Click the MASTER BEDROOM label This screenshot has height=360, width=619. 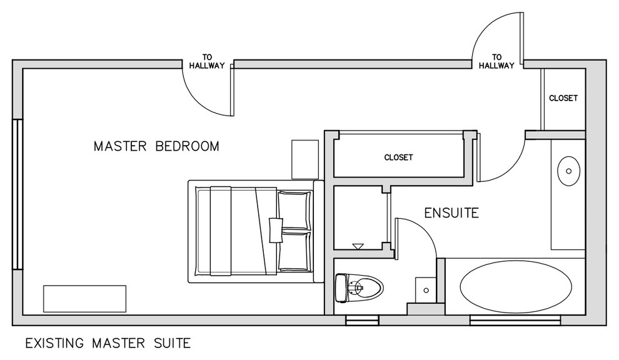156,146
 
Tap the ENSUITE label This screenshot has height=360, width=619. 451,213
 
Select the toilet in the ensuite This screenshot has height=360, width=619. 359,288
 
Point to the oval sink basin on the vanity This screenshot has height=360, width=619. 568,171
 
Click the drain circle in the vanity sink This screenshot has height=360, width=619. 569,171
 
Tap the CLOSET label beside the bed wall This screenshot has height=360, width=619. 398,157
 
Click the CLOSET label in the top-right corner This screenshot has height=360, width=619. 563,98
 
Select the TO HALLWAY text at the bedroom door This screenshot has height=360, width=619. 207,62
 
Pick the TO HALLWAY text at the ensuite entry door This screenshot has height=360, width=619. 496,62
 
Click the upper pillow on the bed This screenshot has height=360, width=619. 294,209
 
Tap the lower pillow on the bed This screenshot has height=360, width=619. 294,251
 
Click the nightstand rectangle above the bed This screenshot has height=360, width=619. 305,159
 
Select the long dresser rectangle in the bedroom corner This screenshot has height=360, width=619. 85,299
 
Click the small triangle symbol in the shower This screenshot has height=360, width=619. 358,246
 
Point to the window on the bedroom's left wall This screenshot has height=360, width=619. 18,194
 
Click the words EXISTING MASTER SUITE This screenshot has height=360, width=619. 108,343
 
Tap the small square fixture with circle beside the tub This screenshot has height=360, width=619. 426,290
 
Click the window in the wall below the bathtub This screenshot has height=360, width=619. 515,320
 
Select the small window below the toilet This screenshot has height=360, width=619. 363,320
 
